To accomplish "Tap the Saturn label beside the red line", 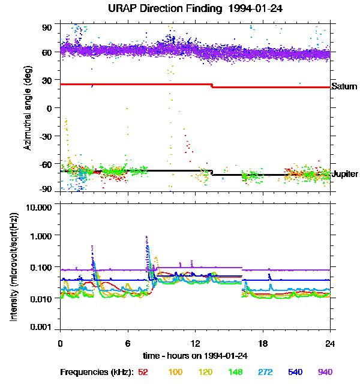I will click(x=344, y=86).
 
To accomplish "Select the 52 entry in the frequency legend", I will click(x=143, y=372).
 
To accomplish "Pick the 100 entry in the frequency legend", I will click(x=175, y=372).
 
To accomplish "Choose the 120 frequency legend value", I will click(x=206, y=372).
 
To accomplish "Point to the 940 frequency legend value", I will click(x=325, y=372).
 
